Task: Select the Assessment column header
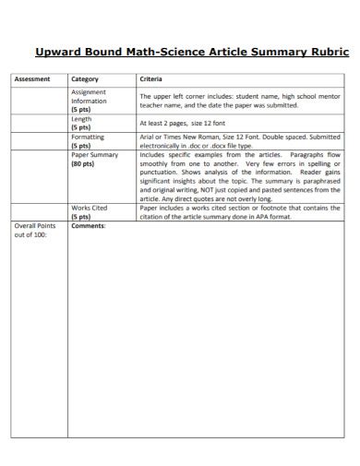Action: tap(31, 79)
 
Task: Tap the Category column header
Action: tap(85, 79)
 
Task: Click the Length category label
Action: tap(82, 119)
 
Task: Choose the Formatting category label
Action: tap(89, 137)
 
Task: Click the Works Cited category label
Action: tap(89, 209)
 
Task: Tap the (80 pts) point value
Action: tap(83, 163)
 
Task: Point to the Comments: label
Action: tap(89, 226)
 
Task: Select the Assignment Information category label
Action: tap(90, 97)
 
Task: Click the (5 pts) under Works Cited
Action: tap(81, 218)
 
